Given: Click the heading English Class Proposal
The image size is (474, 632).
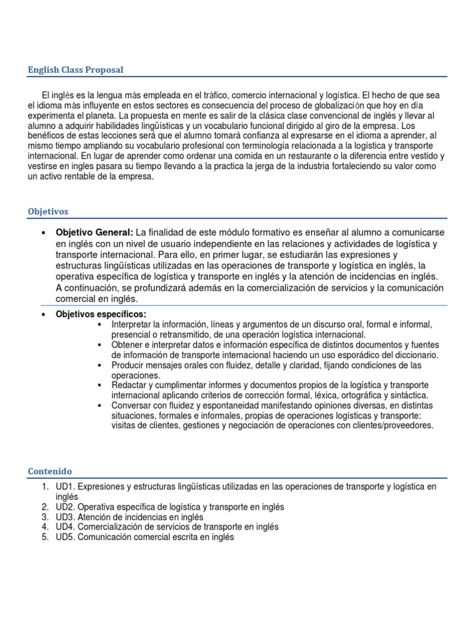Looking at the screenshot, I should point(75,70).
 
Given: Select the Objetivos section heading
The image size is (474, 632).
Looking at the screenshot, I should point(48,211).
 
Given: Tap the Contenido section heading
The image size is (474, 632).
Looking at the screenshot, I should point(50,471).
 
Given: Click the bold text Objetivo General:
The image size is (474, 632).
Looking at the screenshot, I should point(94,232).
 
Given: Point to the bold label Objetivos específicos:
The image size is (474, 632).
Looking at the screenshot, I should point(101,314).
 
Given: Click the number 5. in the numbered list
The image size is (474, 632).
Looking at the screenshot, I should point(45,536).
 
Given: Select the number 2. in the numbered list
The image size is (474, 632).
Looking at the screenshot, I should point(45,507).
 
